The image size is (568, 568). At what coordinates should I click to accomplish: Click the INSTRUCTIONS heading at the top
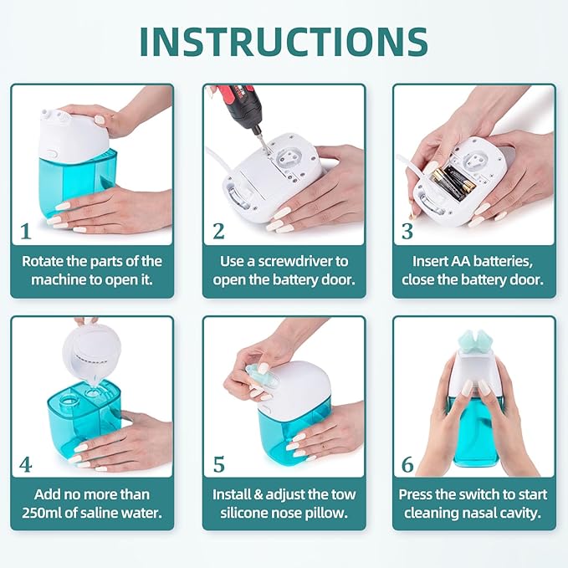(283, 40)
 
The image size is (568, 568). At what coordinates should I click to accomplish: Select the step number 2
(218, 230)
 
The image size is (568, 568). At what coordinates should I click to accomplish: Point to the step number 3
(407, 230)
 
